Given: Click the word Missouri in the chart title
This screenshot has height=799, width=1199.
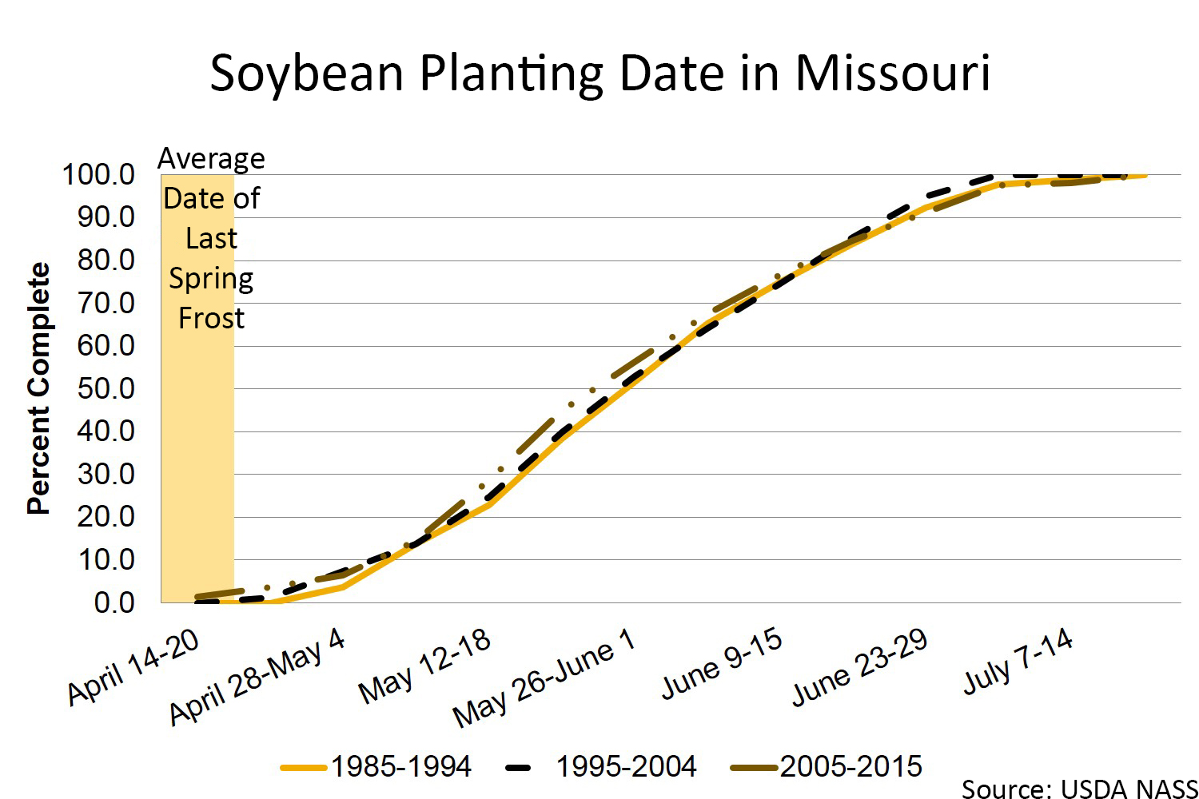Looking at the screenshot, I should pos(892,74).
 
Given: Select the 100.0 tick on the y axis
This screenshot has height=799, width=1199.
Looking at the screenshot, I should pos(99,174).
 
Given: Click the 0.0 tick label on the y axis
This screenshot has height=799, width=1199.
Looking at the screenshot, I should pos(114,602).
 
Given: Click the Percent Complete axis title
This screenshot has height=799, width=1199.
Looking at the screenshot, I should pos(38,388).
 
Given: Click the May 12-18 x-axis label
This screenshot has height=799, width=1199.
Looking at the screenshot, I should pos(424,666).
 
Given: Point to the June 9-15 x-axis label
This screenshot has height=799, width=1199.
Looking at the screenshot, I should pos(722,664).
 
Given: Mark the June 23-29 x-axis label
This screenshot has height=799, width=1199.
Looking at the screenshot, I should pos(859,667).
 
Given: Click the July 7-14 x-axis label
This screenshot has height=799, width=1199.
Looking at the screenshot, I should pos(1018,662).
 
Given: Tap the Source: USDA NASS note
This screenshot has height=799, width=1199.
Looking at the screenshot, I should pos(1079,789).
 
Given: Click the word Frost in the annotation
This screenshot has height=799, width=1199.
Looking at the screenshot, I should pos(211,318).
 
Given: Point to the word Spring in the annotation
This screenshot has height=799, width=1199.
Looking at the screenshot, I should pos(211,279).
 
